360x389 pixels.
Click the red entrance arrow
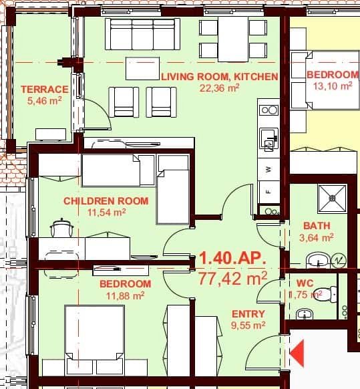click(297, 350)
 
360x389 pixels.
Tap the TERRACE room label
click(44, 90)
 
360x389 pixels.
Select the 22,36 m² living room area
click(218, 87)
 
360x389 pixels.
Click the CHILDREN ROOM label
click(106, 201)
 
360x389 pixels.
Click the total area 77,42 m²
click(232, 277)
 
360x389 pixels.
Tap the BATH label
click(317, 226)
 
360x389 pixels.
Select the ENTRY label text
click(248, 314)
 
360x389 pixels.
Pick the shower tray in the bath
click(333, 195)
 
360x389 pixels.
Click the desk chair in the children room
click(61, 229)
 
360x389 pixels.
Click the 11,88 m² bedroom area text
click(125, 295)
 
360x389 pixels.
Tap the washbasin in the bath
click(318, 259)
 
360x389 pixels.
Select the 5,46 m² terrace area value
click(44, 101)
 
